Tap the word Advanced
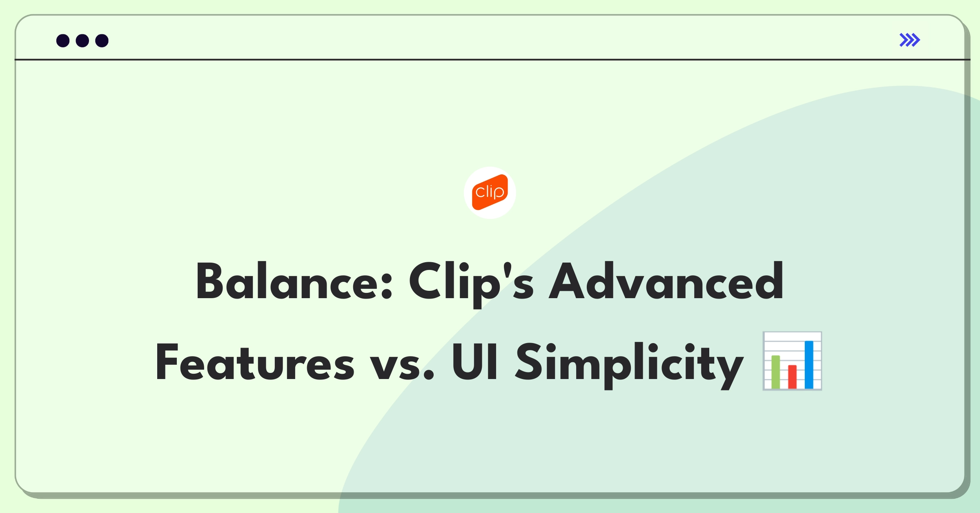click(x=666, y=281)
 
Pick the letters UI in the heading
click(x=474, y=362)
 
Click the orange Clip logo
click(x=490, y=192)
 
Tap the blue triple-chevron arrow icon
click(x=910, y=40)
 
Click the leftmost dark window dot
click(x=63, y=40)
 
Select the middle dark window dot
click(x=82, y=40)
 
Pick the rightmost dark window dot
click(x=102, y=40)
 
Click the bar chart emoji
click(x=792, y=361)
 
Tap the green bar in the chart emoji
click(x=775, y=372)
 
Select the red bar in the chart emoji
click(x=792, y=377)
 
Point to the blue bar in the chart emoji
click(x=809, y=365)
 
